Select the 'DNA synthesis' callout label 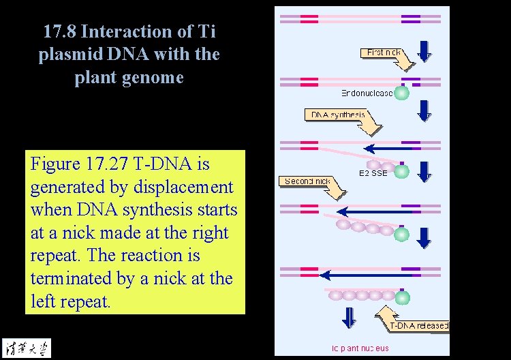pos(338,115)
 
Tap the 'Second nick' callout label pos(307,181)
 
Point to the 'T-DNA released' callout pos(418,325)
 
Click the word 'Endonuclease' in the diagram pos(367,93)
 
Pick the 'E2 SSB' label pos(373,173)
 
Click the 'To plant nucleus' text pos(360,348)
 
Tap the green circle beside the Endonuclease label pos(402,93)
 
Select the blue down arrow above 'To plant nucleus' pos(349,318)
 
